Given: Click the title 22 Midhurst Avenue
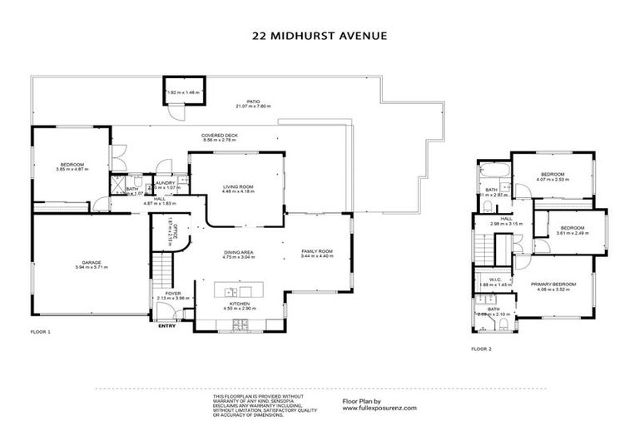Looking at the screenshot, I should [320, 36].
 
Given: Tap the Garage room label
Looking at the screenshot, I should [92, 264].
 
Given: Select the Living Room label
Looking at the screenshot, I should [237, 187].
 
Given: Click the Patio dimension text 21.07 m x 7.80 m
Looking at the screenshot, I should [242, 106].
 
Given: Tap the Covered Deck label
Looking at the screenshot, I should [220, 136].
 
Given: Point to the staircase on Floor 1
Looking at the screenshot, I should [163, 268].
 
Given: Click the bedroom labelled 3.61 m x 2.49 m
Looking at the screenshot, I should [572, 228].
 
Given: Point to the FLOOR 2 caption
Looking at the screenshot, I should [481, 349].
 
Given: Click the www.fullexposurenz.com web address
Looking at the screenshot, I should [379, 408].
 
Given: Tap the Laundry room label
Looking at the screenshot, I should [163, 182].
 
